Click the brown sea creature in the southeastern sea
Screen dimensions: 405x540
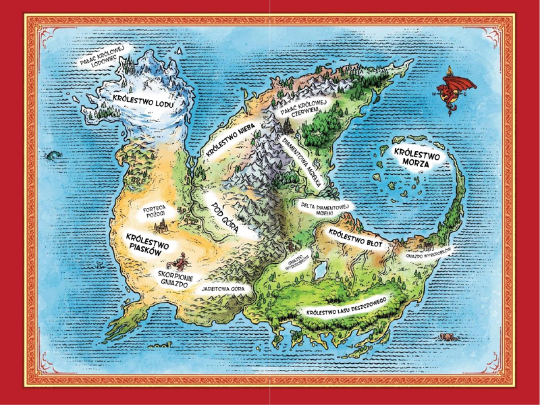point(447,335)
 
